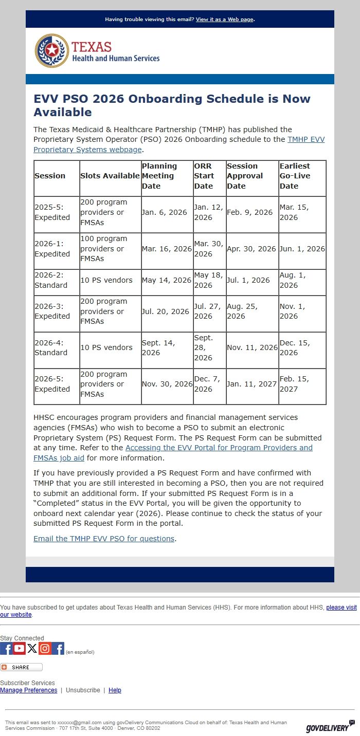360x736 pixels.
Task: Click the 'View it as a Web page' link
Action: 224,20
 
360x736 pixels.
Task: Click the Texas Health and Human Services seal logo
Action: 51,51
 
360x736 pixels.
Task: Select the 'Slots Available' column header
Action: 110,176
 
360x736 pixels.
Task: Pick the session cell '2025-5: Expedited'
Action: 52,212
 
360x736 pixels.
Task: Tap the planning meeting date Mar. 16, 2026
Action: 167,249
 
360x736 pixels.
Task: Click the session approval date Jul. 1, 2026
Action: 248,280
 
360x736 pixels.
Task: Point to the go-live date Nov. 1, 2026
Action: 292,311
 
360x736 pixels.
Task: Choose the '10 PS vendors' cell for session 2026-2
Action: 106,280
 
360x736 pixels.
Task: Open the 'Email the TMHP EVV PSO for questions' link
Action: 104,539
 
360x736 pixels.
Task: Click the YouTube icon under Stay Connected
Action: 20,649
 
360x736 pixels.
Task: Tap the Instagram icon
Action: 45,649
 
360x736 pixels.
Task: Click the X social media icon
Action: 32,649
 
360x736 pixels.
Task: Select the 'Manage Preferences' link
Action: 29,690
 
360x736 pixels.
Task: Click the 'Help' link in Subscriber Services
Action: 115,690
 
